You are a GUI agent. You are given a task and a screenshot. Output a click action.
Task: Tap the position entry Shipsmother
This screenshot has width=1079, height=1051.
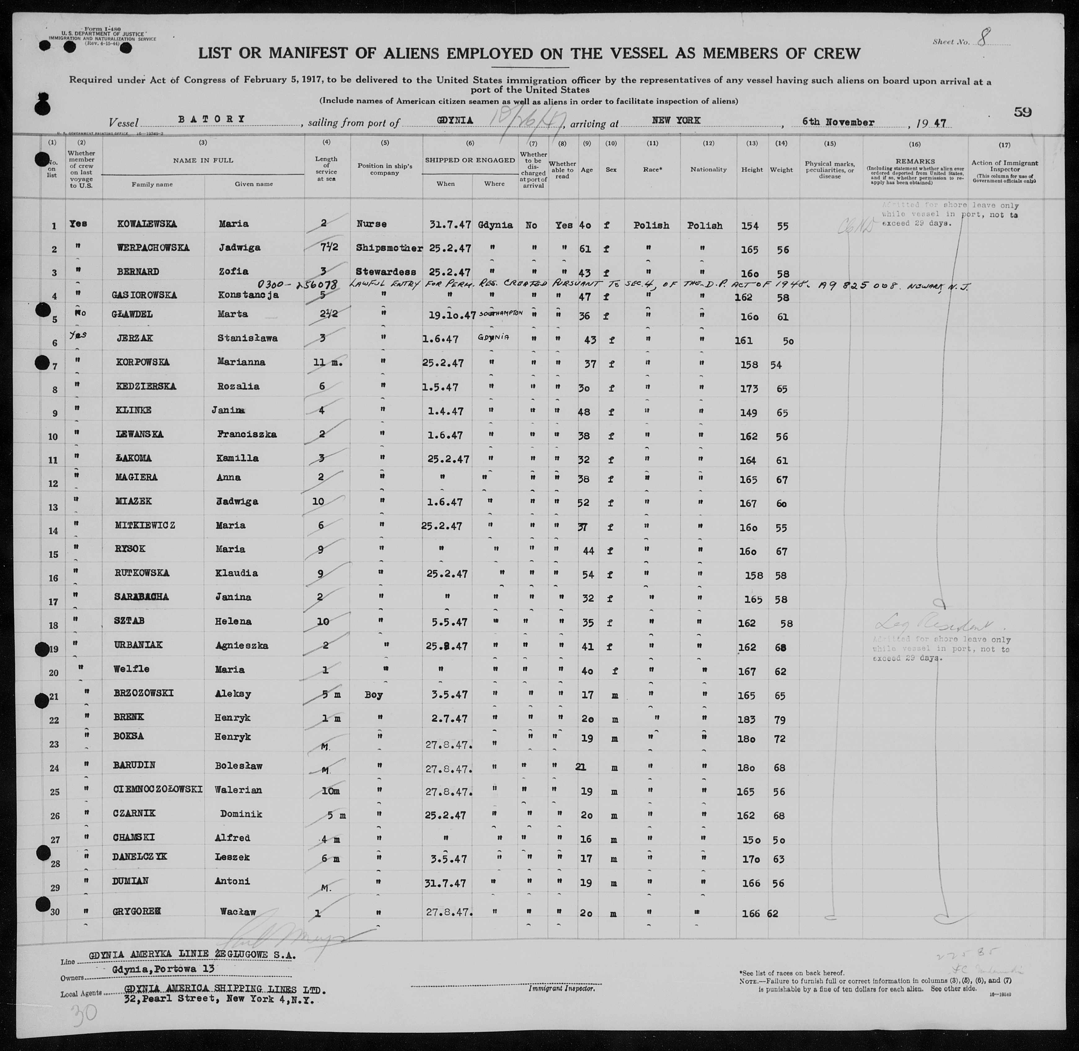389,248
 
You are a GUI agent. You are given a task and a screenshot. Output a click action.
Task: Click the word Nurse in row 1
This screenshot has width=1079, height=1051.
372,224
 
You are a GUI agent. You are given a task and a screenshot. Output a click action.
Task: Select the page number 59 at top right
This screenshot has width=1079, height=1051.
1022,112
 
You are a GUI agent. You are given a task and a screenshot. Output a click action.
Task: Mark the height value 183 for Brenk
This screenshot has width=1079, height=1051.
748,719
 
